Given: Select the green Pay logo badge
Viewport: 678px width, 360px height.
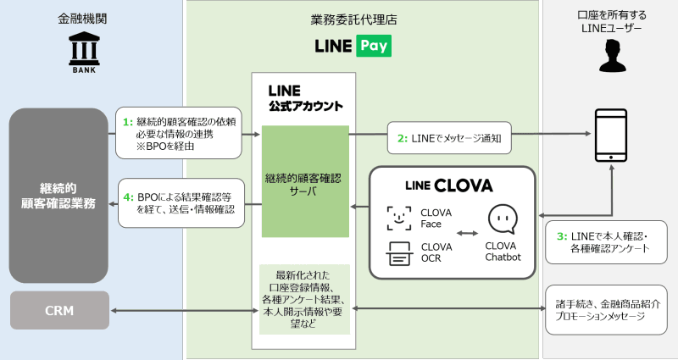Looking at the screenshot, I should pos(373,46).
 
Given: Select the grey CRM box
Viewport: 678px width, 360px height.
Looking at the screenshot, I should pos(59,310).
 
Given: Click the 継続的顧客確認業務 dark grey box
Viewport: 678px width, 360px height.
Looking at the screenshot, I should pos(58,195).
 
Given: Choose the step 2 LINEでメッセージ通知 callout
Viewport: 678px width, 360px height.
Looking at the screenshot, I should pos(450,136).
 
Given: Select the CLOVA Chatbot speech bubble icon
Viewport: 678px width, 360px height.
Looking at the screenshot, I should pos(503,219).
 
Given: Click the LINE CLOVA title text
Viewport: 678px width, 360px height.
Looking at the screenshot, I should pos(449,185).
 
